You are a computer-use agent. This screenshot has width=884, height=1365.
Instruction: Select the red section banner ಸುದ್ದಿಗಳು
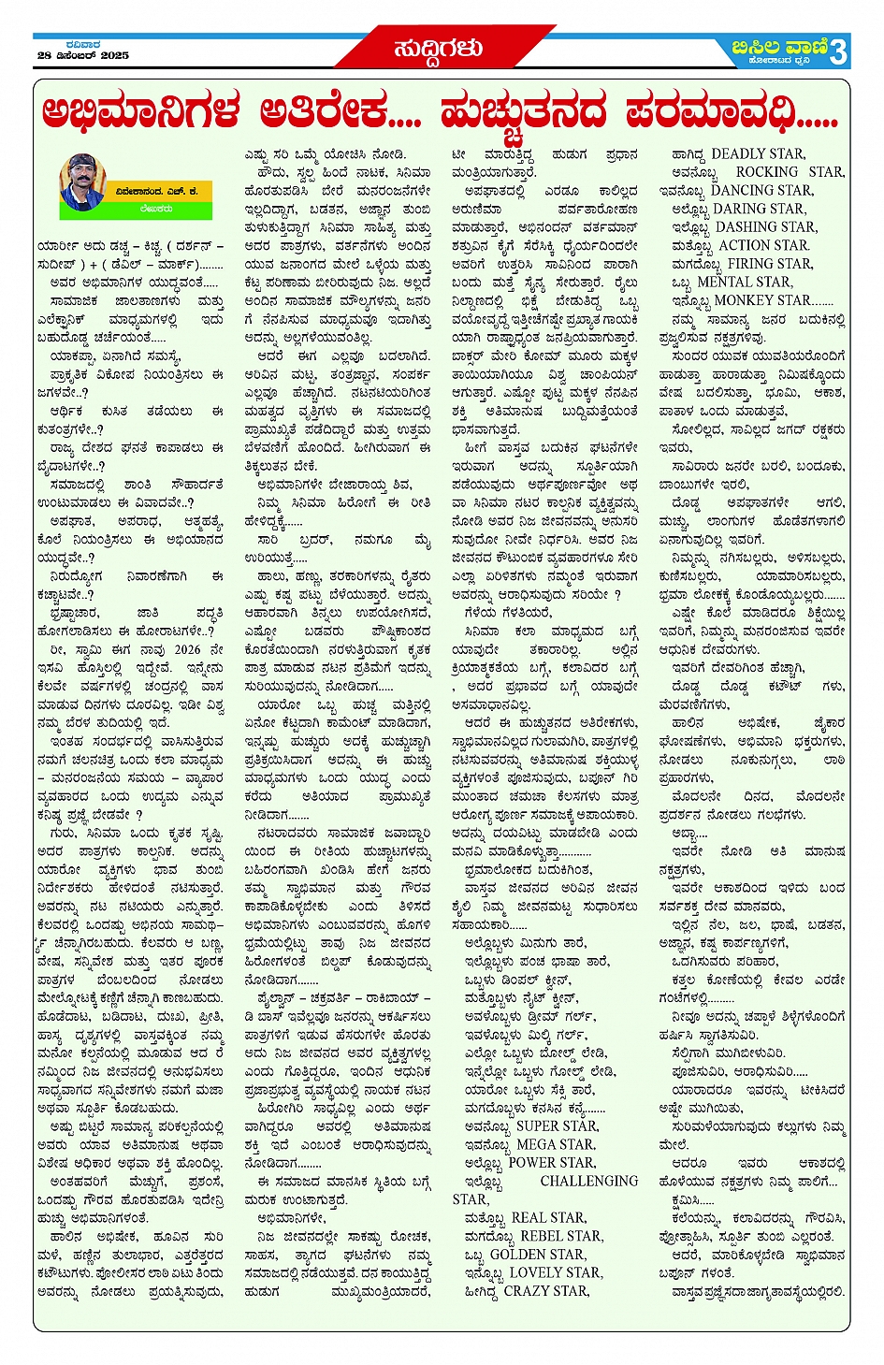438,49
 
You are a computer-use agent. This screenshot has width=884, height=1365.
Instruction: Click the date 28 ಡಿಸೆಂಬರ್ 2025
83,56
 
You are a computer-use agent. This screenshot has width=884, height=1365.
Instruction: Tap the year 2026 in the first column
187,649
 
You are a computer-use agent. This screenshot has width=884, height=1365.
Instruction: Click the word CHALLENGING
589,1182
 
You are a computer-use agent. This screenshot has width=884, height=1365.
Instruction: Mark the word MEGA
536,1144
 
